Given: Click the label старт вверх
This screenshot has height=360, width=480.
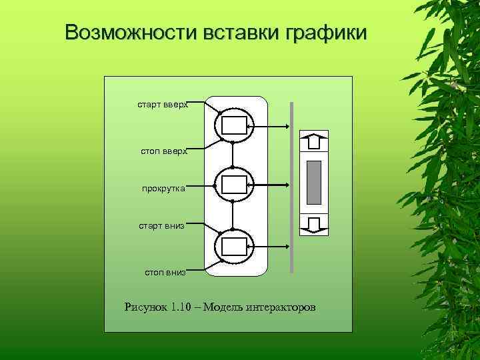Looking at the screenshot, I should click(163, 105).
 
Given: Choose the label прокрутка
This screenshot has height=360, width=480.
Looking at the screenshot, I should click(163, 189).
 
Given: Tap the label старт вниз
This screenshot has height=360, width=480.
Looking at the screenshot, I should click(161, 226).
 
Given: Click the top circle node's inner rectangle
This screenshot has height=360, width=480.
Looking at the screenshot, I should click(233, 125).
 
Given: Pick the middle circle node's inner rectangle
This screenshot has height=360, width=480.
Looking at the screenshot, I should click(233, 185).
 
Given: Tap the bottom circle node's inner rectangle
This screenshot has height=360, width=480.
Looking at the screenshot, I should click(233, 246).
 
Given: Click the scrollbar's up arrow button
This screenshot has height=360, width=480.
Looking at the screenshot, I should click(314, 141).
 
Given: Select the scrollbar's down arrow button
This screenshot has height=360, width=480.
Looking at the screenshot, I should click(314, 224).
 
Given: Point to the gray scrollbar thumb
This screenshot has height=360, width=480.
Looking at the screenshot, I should click(314, 182).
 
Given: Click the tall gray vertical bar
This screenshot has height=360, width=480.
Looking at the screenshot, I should click(291, 187).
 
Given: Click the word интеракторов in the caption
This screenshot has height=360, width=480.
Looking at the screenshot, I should click(281, 307).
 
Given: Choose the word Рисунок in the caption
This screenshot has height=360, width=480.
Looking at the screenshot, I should click(146, 307).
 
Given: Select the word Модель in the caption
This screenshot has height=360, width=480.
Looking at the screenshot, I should click(223, 307).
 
